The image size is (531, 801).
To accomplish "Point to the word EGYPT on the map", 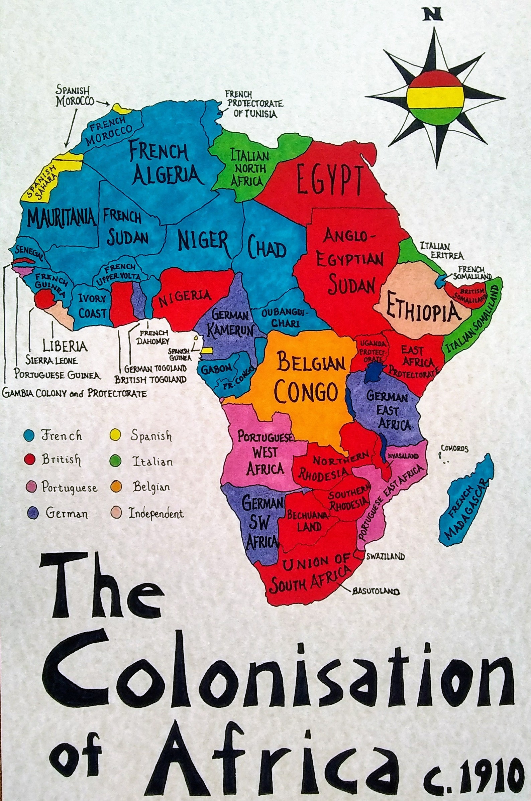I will [x=327, y=178].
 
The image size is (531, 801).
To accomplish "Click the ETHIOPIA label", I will [x=420, y=310].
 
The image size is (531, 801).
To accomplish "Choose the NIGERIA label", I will [x=186, y=297].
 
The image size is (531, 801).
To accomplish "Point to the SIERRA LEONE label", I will [x=52, y=360].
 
